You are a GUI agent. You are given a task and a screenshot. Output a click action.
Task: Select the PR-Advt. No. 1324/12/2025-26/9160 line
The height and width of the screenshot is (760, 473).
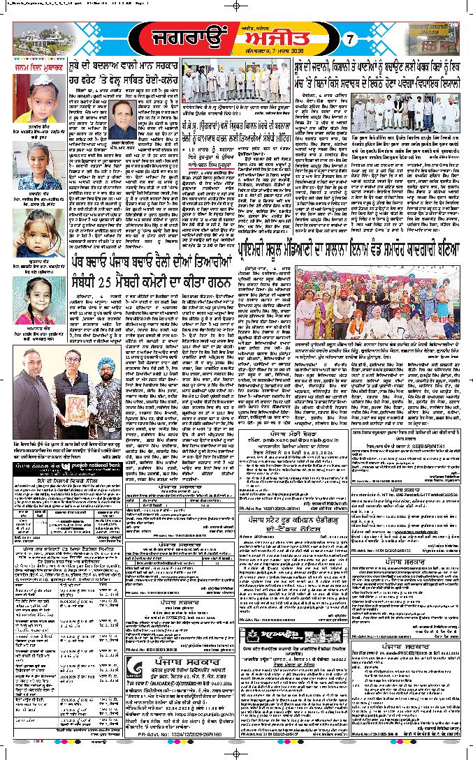tap(180, 752)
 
